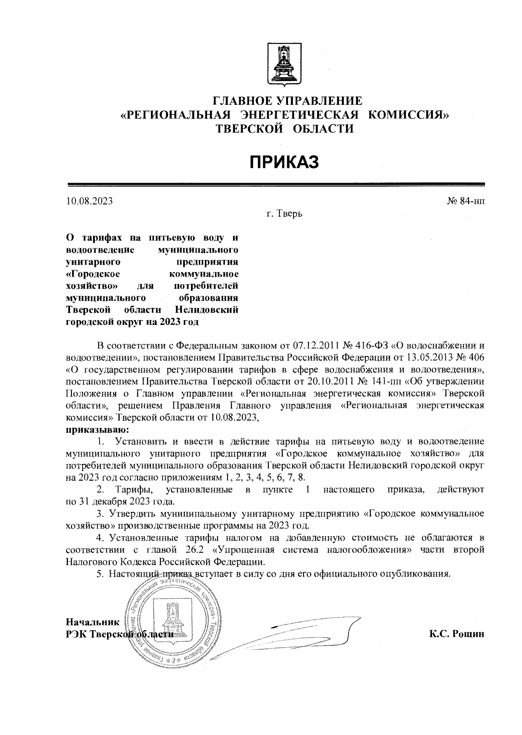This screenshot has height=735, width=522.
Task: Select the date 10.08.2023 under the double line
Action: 89,201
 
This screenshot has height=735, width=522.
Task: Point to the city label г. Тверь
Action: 284,214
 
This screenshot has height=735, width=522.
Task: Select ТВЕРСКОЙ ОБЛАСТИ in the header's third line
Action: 285,128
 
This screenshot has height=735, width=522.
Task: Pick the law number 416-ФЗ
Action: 368,346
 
